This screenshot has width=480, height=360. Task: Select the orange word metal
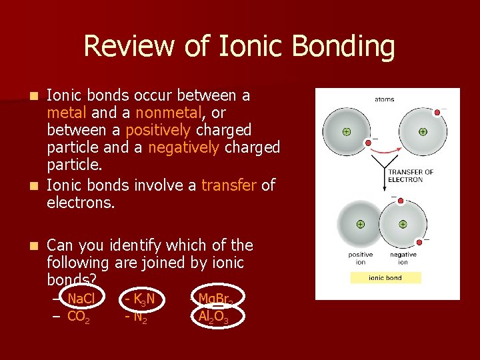66,113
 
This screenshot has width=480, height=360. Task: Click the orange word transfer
229,185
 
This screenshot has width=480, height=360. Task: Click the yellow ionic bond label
385,277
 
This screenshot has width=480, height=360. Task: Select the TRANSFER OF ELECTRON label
410,175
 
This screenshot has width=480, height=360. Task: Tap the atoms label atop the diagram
385,99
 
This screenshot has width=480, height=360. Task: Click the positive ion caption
361,258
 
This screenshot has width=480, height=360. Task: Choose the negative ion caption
403,258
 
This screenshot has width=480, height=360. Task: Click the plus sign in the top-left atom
347,131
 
